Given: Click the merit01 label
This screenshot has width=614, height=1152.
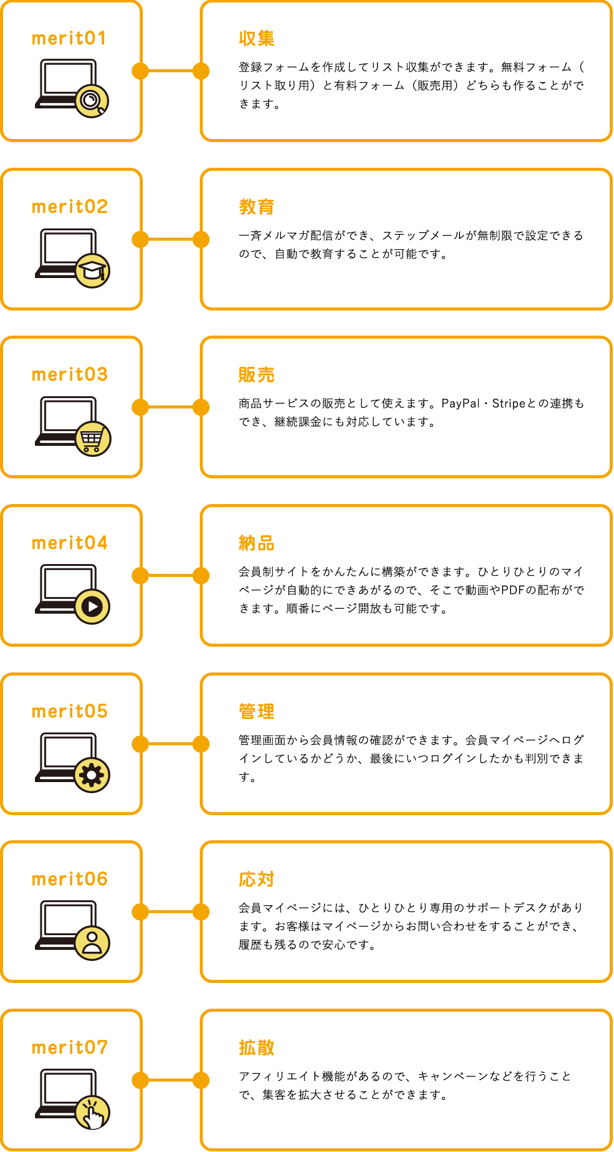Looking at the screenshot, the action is [x=69, y=39].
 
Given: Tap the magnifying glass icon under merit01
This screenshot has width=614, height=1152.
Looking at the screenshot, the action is [x=92, y=100].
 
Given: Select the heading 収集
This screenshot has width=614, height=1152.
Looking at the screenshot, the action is [x=257, y=39].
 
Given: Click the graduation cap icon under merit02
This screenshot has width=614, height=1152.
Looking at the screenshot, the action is [x=93, y=270].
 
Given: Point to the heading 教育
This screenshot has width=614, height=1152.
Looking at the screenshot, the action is [x=257, y=207].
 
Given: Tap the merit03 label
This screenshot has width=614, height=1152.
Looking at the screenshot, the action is [x=69, y=374].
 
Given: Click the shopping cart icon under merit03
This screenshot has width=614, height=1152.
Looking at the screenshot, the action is [x=93, y=439].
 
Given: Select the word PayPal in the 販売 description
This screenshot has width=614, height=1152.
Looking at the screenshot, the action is [x=461, y=404].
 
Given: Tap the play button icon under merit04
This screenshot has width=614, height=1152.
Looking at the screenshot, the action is [x=93, y=606].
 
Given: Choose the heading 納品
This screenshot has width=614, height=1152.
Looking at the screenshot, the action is [x=257, y=543].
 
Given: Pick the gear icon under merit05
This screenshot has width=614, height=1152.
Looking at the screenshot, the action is [x=92, y=775].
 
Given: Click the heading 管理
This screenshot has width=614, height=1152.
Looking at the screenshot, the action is [x=257, y=712].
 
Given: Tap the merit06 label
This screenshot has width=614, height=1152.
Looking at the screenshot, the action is [x=69, y=879].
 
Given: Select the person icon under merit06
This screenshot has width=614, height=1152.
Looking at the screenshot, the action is [x=93, y=943].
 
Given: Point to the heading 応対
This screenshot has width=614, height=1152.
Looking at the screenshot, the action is [x=257, y=879].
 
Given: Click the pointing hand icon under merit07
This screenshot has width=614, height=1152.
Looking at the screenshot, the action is [x=93, y=1112].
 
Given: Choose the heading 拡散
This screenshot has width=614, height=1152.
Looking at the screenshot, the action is [x=257, y=1048].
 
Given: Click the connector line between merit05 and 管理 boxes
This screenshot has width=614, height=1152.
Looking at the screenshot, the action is [x=171, y=744].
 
